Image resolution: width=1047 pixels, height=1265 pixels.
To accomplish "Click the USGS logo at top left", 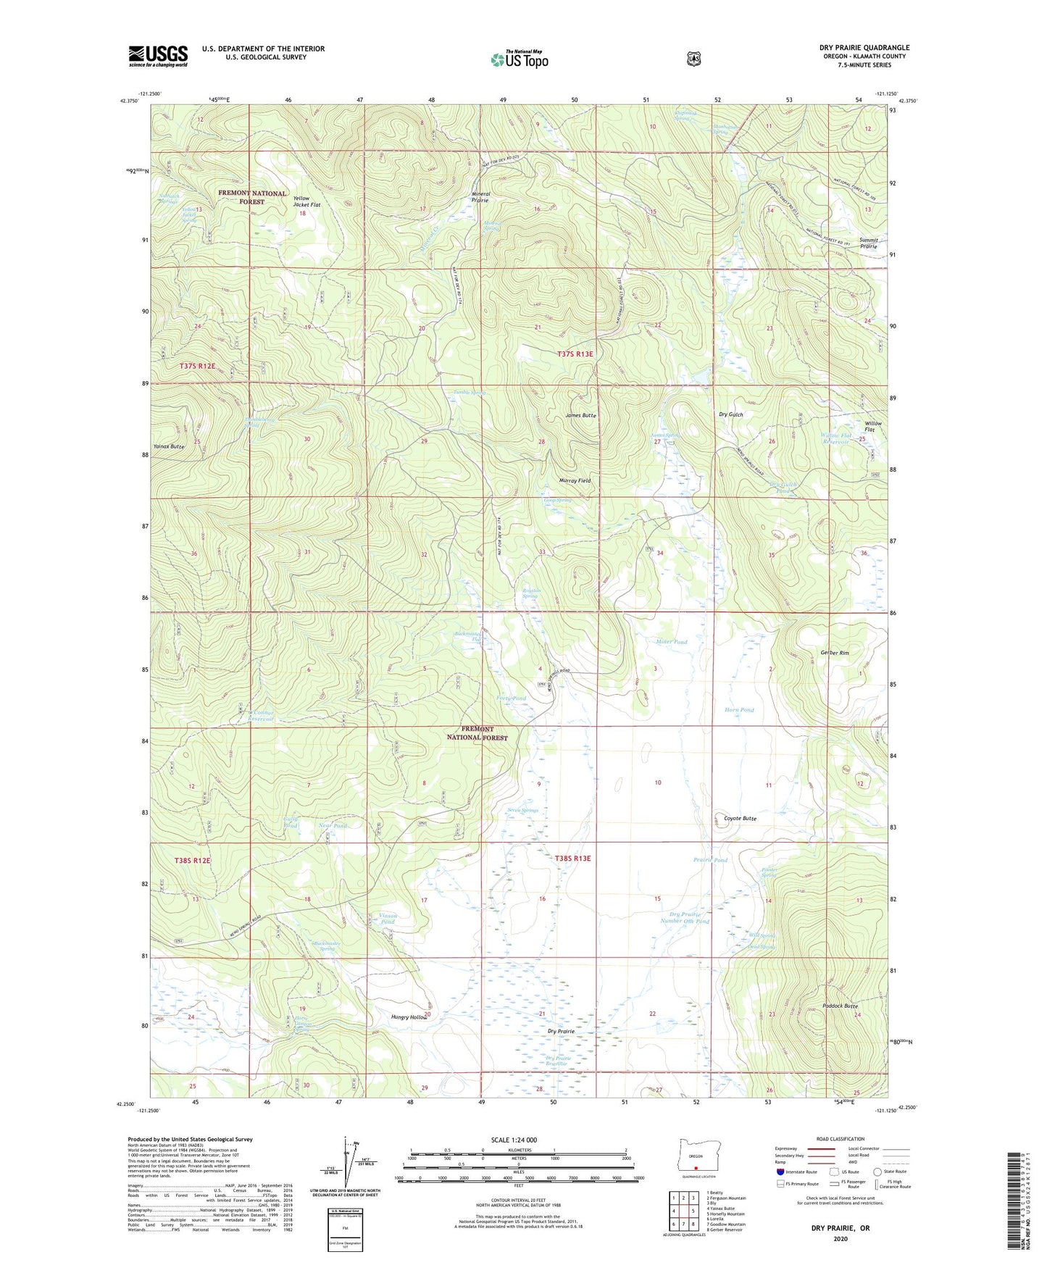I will (158, 56).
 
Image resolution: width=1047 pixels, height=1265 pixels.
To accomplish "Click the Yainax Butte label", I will (169, 447).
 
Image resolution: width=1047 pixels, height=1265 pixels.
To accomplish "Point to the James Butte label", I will (580, 416).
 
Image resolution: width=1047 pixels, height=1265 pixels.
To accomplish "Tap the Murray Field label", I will (575, 480).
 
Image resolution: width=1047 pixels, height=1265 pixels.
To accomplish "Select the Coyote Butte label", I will (740, 819).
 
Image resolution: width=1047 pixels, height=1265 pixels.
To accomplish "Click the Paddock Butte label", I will (840, 1006).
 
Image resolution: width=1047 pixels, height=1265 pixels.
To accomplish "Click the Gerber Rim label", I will (834, 653).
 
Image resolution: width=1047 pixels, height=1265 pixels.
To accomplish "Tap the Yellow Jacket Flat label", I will (306, 201).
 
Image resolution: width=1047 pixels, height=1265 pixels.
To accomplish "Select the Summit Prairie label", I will (868, 243).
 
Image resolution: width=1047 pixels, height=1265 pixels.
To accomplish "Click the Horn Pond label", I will (739, 710).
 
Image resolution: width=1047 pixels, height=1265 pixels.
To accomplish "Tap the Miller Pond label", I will (671, 642).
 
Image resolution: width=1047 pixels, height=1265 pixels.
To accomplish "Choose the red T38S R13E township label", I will (572, 859).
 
